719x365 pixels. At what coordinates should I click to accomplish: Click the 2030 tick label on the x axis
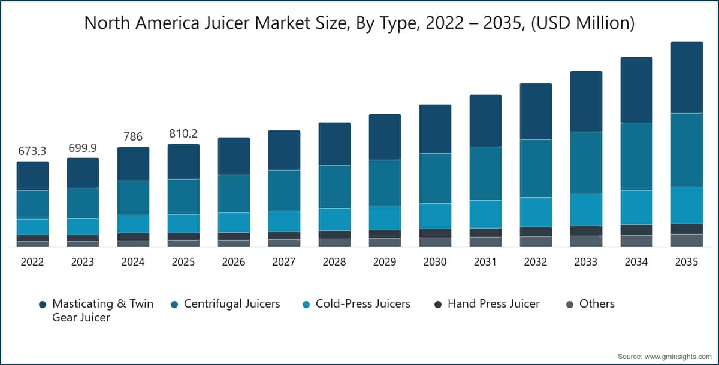435,262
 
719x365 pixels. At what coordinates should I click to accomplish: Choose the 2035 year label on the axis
687,262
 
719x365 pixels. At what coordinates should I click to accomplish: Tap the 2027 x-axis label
284,262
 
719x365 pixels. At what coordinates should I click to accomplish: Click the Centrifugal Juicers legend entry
231,304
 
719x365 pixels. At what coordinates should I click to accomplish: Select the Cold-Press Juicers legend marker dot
306,305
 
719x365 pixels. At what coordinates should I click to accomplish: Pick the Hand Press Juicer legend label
493,304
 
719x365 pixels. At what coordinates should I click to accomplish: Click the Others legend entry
596,304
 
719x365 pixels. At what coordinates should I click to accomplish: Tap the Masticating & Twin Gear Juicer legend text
102,310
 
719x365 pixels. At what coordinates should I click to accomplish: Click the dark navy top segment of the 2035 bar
687,78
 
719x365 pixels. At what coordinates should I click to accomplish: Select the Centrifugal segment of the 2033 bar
586,163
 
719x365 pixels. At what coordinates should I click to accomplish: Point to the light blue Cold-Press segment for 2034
636,207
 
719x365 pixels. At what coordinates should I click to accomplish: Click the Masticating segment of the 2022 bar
32,176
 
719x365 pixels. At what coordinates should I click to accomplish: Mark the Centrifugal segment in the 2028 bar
334,187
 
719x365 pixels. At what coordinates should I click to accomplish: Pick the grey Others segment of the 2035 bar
687,240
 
